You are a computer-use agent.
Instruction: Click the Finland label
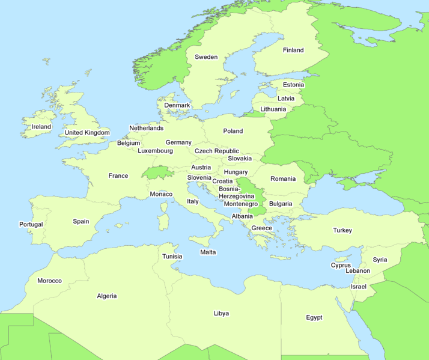pyautogui.click(x=293, y=50)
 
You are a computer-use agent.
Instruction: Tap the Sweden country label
pyautogui.click(x=206, y=57)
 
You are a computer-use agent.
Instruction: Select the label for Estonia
pyautogui.click(x=293, y=85)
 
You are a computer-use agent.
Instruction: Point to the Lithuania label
pyautogui.click(x=273, y=109)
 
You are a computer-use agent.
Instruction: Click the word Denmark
pyautogui.click(x=177, y=105)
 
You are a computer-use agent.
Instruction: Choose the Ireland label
pyautogui.click(x=41, y=127)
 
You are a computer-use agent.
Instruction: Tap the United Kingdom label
pyautogui.click(x=87, y=133)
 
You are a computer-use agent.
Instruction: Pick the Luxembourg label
pyautogui.click(x=155, y=151)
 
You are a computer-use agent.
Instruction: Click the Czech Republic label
pyautogui.click(x=217, y=151)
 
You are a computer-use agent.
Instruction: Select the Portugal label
pyautogui.click(x=31, y=224)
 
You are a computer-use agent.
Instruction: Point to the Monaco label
pyautogui.click(x=161, y=194)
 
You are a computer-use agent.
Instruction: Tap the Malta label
pyautogui.click(x=208, y=252)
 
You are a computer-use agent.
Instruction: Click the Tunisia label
pyautogui.click(x=172, y=257)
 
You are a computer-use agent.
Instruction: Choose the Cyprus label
pyautogui.click(x=341, y=265)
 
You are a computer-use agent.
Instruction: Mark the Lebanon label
pyautogui.click(x=358, y=271)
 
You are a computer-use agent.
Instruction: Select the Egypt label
pyautogui.click(x=314, y=317)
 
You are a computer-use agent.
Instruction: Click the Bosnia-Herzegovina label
pyautogui.click(x=237, y=192)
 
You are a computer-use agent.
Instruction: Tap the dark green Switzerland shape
pyautogui.click(x=158, y=172)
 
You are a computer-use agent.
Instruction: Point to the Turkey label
pyautogui.click(x=342, y=230)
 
